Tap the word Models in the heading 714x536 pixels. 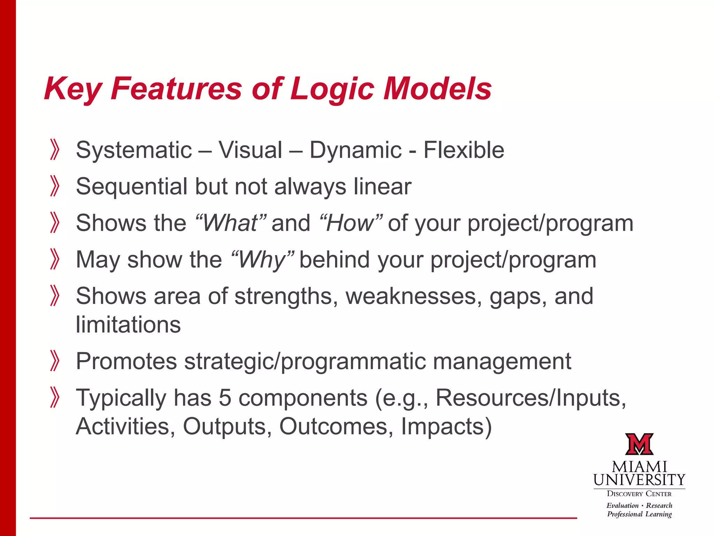pyautogui.click(x=437, y=89)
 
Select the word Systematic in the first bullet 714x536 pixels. pyautogui.click(x=134, y=150)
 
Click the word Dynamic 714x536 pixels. pyautogui.click(x=356, y=150)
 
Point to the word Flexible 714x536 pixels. pyautogui.click(x=464, y=150)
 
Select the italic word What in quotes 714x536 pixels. pyautogui.click(x=230, y=223)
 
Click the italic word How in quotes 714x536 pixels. pyautogui.click(x=350, y=223)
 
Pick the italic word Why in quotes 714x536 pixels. pyautogui.click(x=262, y=260)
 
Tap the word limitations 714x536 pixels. pyautogui.click(x=128, y=325)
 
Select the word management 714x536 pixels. pyautogui.click(x=502, y=361)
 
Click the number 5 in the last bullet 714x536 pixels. pyautogui.click(x=225, y=398)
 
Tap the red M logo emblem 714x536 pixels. pyautogui.click(x=639, y=444)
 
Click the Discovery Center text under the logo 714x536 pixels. pyautogui.click(x=639, y=494)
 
